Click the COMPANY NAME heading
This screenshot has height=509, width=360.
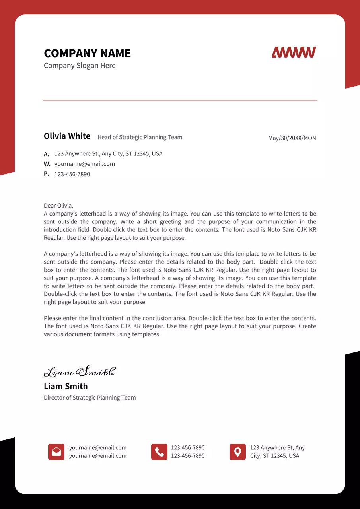87,53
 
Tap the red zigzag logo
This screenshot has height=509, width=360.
294,52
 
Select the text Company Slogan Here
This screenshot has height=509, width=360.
80,66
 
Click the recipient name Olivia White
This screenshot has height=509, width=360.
67,136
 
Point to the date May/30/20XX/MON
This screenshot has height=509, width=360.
292,138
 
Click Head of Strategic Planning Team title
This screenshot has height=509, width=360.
140,137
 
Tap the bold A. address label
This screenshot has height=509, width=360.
46,154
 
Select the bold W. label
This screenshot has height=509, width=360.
47,164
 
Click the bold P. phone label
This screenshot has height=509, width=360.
46,174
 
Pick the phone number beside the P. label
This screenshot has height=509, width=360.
72,174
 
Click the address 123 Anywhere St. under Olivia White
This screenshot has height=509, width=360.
108,153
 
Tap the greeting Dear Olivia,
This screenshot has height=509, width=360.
58,206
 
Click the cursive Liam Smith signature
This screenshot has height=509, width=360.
80,371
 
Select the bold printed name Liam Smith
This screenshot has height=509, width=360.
66,386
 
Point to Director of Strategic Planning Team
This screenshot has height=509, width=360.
90,398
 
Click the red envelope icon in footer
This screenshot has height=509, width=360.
56,452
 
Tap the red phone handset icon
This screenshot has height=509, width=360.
159,452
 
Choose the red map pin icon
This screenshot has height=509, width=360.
237,452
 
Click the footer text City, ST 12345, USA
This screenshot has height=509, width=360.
274,456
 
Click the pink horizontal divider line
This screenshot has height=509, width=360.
180,101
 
